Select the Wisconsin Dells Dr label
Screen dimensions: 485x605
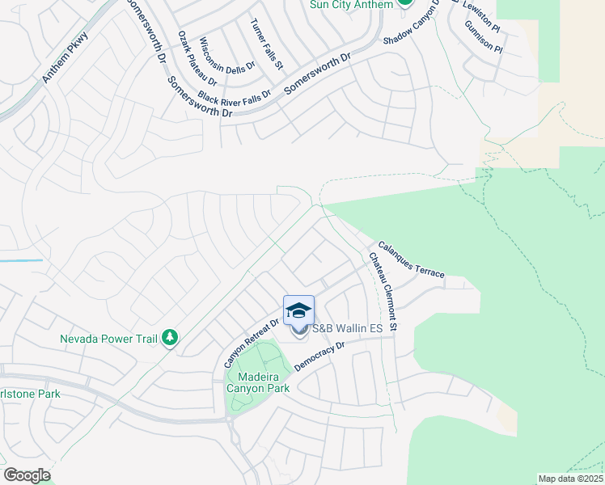click(226, 54)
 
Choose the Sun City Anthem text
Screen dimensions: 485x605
click(351, 4)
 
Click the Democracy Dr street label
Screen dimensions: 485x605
click(319, 356)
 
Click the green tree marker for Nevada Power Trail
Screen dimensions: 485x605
click(169, 337)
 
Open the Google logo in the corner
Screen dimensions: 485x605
click(27, 475)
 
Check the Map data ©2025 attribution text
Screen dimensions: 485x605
click(570, 479)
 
